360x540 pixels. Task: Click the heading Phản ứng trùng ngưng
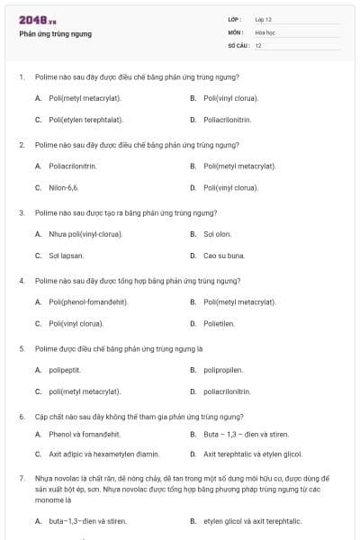pos(55,34)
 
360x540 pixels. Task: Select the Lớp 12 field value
pos(264,19)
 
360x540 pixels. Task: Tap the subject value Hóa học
pos(265,31)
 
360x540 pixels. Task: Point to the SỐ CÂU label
pos(238,45)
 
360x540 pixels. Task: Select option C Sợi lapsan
pos(67,256)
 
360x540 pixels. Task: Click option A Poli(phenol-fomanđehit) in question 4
pos(88,301)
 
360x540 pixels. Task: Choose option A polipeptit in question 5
pos(65,370)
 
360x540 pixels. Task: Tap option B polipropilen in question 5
pos(223,370)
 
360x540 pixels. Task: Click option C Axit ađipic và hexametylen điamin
pos(103,454)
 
